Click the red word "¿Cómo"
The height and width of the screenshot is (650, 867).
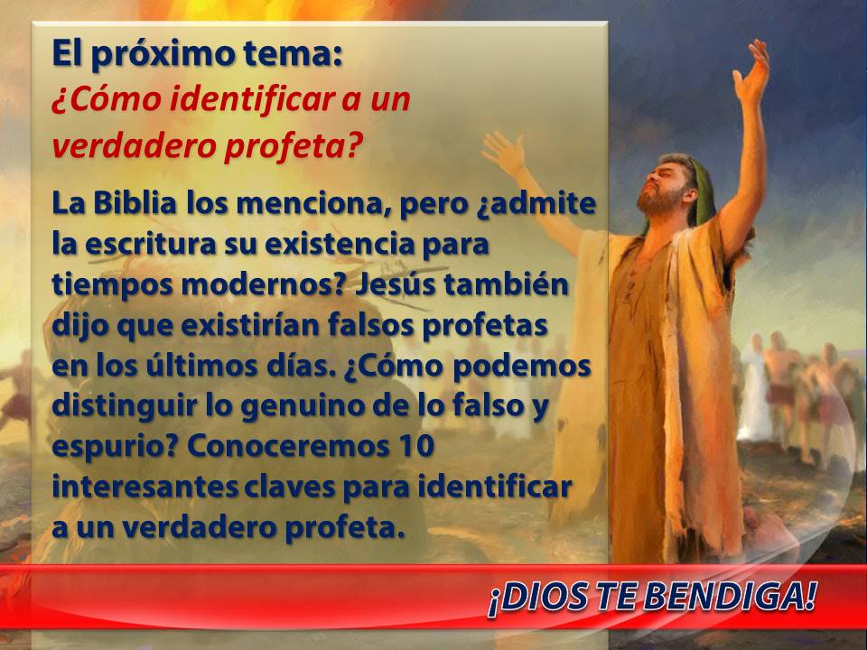(x=107, y=100)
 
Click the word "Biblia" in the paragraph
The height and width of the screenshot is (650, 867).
(x=135, y=203)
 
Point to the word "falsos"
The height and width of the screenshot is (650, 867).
(x=369, y=325)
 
